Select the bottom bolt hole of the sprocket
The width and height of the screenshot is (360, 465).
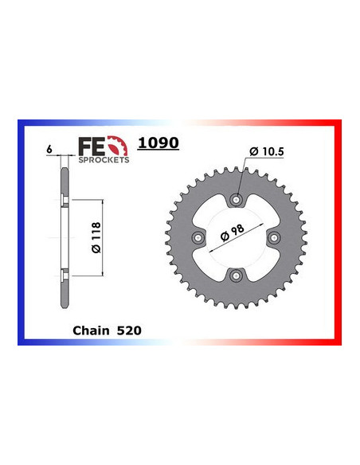[236, 275]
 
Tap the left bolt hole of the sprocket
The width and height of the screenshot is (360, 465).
[198, 237]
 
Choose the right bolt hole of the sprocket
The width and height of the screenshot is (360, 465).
[273, 237]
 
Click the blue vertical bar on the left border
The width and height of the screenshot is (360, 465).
[21, 231]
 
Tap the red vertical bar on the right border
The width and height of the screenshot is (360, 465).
[338, 231]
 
